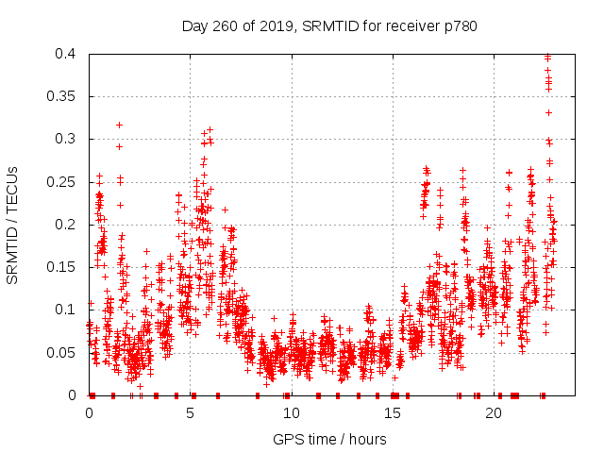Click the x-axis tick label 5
[x=191, y=413]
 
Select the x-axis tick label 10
[x=292, y=413]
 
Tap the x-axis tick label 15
[x=393, y=413]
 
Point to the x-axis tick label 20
[x=494, y=413]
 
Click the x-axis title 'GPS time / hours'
[x=329, y=439]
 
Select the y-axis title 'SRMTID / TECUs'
[x=13, y=225]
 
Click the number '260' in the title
[x=225, y=25]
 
